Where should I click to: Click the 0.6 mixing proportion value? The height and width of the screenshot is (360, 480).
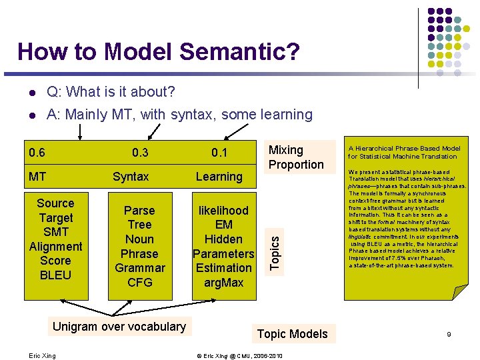(x=37, y=153)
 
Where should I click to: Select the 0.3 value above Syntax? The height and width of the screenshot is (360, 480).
(x=140, y=153)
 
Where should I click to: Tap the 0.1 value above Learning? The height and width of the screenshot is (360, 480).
(x=219, y=153)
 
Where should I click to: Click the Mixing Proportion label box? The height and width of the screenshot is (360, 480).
(x=295, y=157)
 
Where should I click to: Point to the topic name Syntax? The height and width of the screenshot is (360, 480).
(x=131, y=177)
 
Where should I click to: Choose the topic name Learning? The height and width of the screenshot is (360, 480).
(x=219, y=177)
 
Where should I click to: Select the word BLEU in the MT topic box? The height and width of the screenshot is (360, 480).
(x=55, y=275)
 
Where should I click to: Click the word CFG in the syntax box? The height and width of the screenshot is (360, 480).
(x=139, y=282)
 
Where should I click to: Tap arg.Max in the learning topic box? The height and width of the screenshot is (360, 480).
(x=223, y=282)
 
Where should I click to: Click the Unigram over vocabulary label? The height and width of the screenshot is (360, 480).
(x=119, y=326)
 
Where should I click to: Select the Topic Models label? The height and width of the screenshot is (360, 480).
(x=292, y=333)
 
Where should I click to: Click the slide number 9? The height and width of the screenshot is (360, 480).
(x=449, y=335)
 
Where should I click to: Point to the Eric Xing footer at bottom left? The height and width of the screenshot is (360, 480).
(x=43, y=355)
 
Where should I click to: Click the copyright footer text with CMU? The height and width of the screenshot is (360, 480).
(x=239, y=355)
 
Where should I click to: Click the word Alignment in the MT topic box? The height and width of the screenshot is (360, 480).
(x=56, y=246)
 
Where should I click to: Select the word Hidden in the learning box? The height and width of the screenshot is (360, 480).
(x=223, y=239)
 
